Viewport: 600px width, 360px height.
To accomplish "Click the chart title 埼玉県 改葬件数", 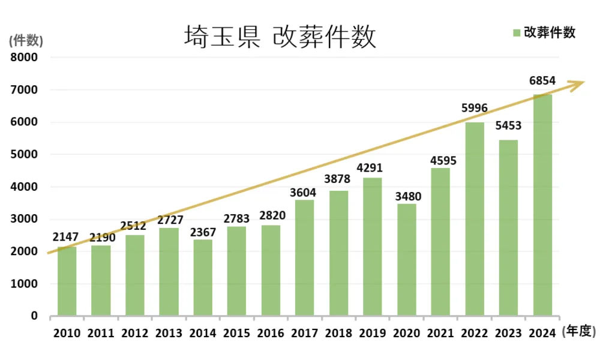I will coord(280,37).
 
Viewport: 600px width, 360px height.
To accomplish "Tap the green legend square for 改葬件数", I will coord(516,33).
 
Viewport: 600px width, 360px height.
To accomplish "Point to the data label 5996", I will coord(474,109).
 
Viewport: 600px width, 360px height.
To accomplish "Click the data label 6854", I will coord(542,80).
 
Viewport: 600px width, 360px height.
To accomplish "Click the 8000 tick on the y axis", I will coord(25,58).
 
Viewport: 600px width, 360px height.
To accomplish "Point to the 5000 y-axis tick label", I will coord(25,154).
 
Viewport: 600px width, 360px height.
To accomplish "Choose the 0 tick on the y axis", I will coord(34,316).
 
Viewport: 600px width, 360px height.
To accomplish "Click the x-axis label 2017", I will coord(304,332).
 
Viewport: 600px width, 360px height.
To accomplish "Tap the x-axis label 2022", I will coord(474,332).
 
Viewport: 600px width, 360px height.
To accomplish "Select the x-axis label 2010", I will coord(67,332).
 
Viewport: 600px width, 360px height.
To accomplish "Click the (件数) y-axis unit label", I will coord(26,41).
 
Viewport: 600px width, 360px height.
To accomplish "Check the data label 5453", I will coord(508,126).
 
